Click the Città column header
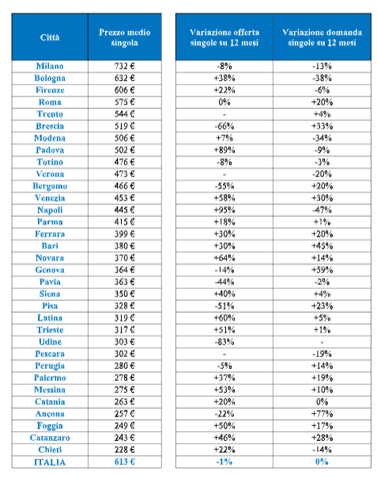pos(50,37)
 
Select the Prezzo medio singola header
pos(124,37)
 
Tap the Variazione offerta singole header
pos(224,37)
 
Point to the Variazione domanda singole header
pos(322,37)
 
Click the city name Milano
pos(50,66)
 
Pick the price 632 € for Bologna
pos(124,78)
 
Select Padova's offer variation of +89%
pos(224,150)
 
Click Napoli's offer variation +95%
pos(224,210)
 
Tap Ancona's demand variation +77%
pos(322,413)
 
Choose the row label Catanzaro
pos(50,438)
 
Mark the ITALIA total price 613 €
pos(124,462)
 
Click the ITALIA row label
pos(50,462)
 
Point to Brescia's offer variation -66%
pos(224,126)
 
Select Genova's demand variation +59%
pos(322,270)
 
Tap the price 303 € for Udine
pos(124,342)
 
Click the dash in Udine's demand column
pos(322,343)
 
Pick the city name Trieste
pos(50,330)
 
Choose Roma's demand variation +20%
pos(322,102)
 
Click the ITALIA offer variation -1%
pos(224,462)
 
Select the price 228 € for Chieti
pos(124,450)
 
